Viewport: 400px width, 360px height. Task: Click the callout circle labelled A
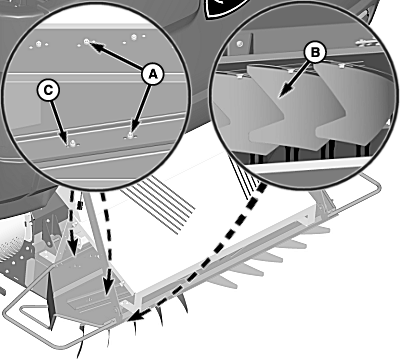pos(153,75)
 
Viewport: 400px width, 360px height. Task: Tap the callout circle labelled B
pos(315,52)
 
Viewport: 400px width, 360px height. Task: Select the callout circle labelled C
pos(49,90)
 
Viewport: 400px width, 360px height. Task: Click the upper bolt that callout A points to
pos(86,41)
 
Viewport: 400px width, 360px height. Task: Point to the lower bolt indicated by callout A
pos(130,135)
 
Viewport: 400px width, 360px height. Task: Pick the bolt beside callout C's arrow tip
pos(71,143)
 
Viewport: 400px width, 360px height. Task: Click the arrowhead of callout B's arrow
pos(284,93)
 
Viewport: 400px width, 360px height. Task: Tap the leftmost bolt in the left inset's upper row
pos(39,44)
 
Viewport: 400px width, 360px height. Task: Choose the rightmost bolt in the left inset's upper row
pos(134,36)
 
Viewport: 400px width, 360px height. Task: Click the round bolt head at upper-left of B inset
pos(239,43)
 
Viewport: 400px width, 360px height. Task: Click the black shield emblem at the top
pos(228,9)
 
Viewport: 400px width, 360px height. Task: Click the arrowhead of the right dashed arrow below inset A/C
pos(109,287)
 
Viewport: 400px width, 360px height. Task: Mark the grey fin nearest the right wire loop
pos(317,230)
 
